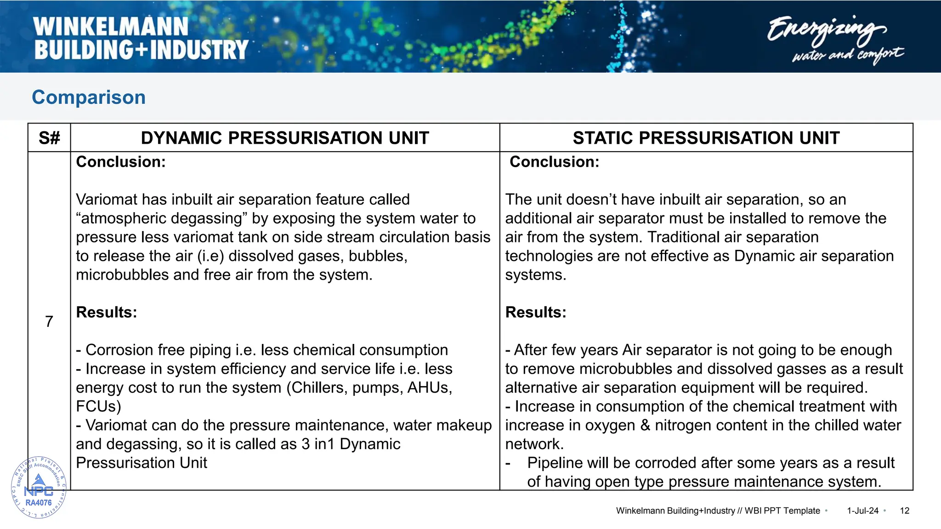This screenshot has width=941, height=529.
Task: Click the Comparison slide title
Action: pyautogui.click(x=89, y=97)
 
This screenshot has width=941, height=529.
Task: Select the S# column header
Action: pyautogui.click(x=49, y=138)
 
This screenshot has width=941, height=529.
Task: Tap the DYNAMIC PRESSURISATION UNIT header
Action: pyautogui.click(x=285, y=138)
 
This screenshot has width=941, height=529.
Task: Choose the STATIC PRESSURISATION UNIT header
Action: pyautogui.click(x=706, y=138)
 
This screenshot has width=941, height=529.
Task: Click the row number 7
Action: pyautogui.click(x=49, y=321)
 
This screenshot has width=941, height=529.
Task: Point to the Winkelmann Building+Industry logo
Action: pyautogui.click(x=141, y=39)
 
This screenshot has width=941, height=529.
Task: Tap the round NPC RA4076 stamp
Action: pyautogui.click(x=39, y=488)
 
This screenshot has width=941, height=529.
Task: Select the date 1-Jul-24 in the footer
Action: pyautogui.click(x=862, y=511)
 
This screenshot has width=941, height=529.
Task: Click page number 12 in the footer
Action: pyautogui.click(x=904, y=511)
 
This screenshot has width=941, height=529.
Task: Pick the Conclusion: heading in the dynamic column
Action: pyautogui.click(x=121, y=162)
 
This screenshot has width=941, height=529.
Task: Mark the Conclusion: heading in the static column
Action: pyautogui.click(x=554, y=162)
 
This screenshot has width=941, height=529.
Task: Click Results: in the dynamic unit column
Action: pyautogui.click(x=107, y=312)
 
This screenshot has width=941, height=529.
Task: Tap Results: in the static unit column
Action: pyautogui.click(x=536, y=312)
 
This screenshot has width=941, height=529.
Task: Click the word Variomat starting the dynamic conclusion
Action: pyautogui.click(x=106, y=199)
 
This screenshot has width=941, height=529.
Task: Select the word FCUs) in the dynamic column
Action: pyautogui.click(x=98, y=406)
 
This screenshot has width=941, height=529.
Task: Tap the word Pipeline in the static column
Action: pyautogui.click(x=555, y=463)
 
